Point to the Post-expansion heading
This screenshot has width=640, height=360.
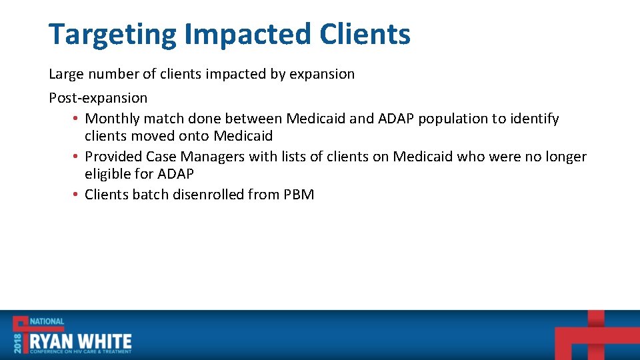(x=98, y=98)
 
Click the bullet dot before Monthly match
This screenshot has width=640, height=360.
(x=77, y=119)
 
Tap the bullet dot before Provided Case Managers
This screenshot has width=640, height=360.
(x=77, y=157)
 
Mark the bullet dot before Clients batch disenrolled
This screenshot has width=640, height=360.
(x=77, y=195)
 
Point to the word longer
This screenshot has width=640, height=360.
(x=564, y=157)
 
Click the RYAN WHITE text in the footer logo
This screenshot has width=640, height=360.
(x=81, y=342)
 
